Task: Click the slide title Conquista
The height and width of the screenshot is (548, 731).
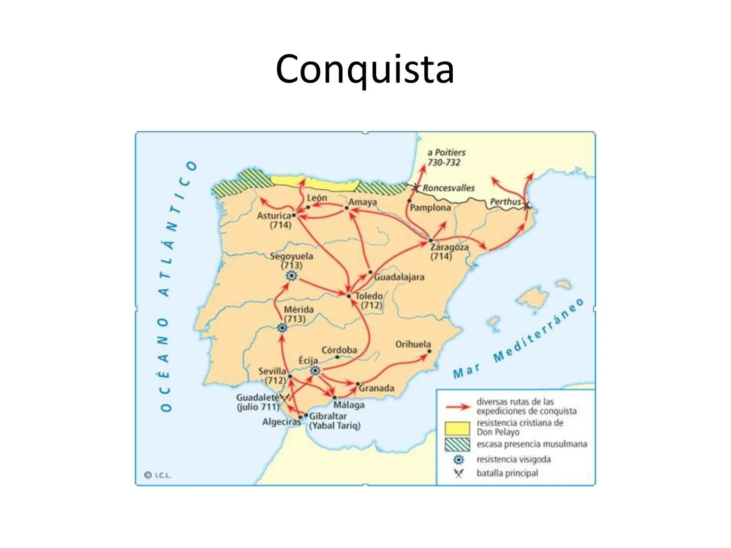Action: [364, 69]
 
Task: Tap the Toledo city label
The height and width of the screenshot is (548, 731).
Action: [369, 296]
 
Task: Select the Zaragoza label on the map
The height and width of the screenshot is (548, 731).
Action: [449, 247]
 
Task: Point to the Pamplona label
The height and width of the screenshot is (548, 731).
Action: [430, 208]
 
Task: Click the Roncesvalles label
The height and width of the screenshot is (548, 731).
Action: [448, 188]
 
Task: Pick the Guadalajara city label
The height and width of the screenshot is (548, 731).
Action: [399, 277]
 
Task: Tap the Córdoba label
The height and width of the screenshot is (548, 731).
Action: [339, 350]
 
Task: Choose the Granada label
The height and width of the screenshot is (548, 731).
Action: [376, 388]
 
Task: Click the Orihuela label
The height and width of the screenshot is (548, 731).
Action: [413, 344]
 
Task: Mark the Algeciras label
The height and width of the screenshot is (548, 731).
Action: [281, 422]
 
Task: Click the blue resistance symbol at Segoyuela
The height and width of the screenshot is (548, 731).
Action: [291, 276]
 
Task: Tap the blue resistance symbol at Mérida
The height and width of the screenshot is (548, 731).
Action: [283, 328]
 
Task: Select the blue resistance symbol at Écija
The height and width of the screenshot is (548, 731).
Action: [315, 371]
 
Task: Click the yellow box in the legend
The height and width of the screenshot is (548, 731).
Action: [457, 428]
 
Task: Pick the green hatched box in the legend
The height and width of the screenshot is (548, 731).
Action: [457, 444]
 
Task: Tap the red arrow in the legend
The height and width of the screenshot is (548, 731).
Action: [457, 407]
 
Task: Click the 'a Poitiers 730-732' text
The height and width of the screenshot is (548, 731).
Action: [446, 157]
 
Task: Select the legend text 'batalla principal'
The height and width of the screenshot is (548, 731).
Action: [507, 473]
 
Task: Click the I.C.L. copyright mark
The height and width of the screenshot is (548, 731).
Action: [158, 475]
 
